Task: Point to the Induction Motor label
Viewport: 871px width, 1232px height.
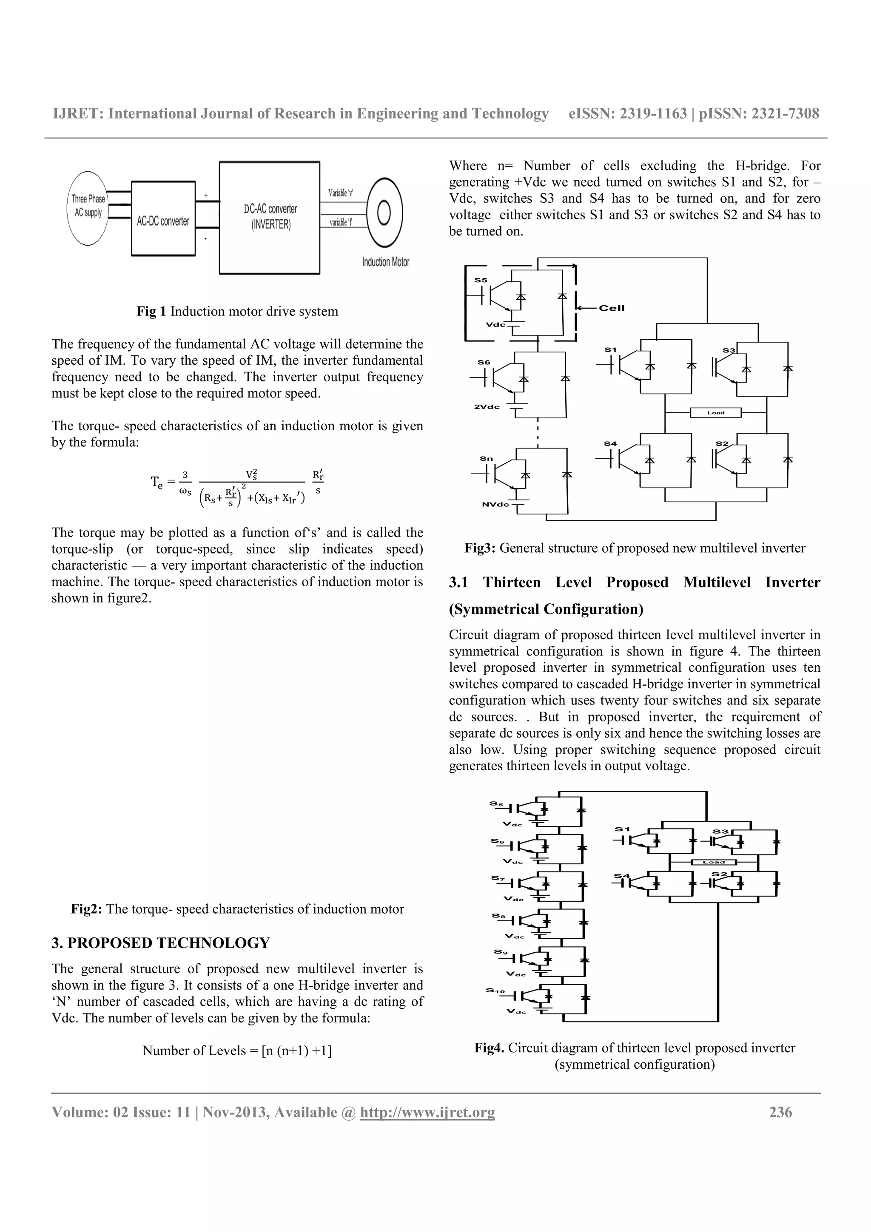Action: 385,262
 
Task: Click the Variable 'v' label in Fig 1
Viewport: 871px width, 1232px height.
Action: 340,193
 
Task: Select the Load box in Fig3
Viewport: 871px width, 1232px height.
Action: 715,413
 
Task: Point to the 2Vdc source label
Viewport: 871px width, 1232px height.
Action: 487,407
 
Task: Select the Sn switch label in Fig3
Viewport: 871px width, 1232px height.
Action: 486,458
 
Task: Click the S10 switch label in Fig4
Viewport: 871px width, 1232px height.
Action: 495,990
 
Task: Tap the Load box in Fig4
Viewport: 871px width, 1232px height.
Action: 714,862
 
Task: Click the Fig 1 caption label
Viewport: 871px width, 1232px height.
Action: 152,311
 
